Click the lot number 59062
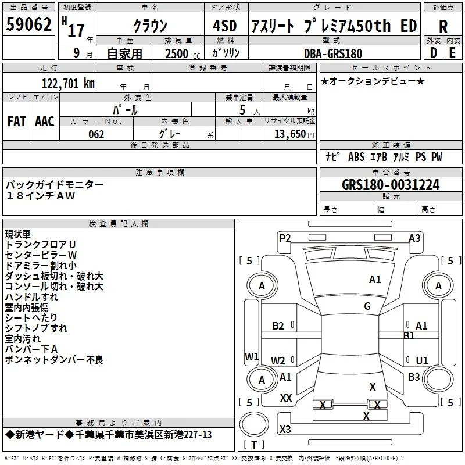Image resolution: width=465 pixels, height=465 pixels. click(x=28, y=24)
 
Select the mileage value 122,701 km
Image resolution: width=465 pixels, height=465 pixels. click(x=68, y=84)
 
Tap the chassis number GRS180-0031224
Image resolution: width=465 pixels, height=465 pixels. click(x=391, y=185)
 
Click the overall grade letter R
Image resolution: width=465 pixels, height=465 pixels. click(x=443, y=27)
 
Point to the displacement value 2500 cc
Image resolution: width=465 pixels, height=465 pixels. click(x=183, y=53)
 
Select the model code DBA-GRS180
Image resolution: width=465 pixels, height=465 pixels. click(x=333, y=53)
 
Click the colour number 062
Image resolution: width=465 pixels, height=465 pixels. click(x=96, y=134)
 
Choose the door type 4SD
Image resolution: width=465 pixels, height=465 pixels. click(x=225, y=26)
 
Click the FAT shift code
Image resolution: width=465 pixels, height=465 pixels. click(x=17, y=121)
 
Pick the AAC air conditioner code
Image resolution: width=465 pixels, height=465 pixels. click(x=45, y=121)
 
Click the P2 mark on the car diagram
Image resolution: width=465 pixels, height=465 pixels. click(x=285, y=238)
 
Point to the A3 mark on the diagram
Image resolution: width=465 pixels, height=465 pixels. click(x=414, y=238)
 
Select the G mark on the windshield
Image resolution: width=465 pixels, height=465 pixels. click(x=367, y=306)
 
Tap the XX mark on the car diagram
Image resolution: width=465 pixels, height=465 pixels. click(x=286, y=398)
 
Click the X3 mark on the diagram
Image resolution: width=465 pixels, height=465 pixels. click(x=285, y=429)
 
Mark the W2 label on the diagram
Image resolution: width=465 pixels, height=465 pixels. click(x=278, y=360)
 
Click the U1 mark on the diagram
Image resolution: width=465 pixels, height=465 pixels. click(x=422, y=360)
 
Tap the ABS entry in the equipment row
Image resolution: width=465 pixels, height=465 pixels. click(x=356, y=157)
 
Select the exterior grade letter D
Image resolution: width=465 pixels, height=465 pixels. click(x=433, y=53)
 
